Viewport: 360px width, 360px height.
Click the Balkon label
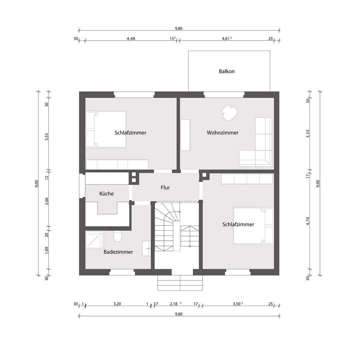tap(227, 71)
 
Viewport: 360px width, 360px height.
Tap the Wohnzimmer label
tap(222, 133)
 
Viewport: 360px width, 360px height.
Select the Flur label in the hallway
tap(165, 188)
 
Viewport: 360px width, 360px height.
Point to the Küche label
tap(107, 194)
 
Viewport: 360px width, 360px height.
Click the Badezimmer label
tap(118, 252)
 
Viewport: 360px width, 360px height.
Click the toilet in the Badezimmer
tap(117, 236)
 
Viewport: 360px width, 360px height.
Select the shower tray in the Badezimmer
tap(95, 240)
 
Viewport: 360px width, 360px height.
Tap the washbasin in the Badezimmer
tap(146, 248)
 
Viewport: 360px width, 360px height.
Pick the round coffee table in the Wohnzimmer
tap(230, 113)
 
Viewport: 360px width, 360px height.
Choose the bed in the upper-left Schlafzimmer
tap(106, 129)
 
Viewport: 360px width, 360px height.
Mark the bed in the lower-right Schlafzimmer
tap(253, 226)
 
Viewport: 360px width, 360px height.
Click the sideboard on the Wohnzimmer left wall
tap(185, 135)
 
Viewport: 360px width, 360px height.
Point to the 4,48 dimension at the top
tap(131, 39)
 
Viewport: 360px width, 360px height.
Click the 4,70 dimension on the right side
tap(308, 221)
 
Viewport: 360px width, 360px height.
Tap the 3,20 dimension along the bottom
tap(117, 304)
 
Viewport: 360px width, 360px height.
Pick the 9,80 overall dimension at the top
tap(179, 28)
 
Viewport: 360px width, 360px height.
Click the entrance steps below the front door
tap(180, 283)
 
